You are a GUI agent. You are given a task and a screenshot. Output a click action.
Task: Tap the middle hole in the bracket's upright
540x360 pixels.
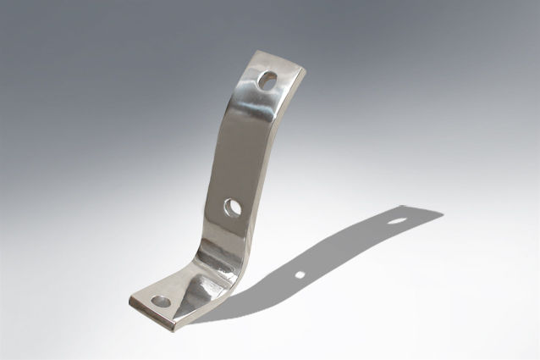click(233, 207)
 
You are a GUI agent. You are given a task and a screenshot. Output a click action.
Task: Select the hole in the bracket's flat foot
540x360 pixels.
click(160, 301)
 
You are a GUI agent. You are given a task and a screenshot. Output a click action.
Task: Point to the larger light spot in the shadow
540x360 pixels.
click(396, 221)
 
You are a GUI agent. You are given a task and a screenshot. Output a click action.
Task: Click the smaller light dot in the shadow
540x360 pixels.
click(300, 274)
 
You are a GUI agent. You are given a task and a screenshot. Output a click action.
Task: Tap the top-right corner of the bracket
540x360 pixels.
click(304, 71)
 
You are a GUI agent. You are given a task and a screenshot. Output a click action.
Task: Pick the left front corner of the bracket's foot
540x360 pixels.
click(130, 299)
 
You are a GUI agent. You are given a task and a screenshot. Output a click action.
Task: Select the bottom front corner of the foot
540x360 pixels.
click(174, 323)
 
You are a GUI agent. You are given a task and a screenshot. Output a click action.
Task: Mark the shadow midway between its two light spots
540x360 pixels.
click(347, 248)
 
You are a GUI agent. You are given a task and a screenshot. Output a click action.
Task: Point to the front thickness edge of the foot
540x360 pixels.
click(152, 312)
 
